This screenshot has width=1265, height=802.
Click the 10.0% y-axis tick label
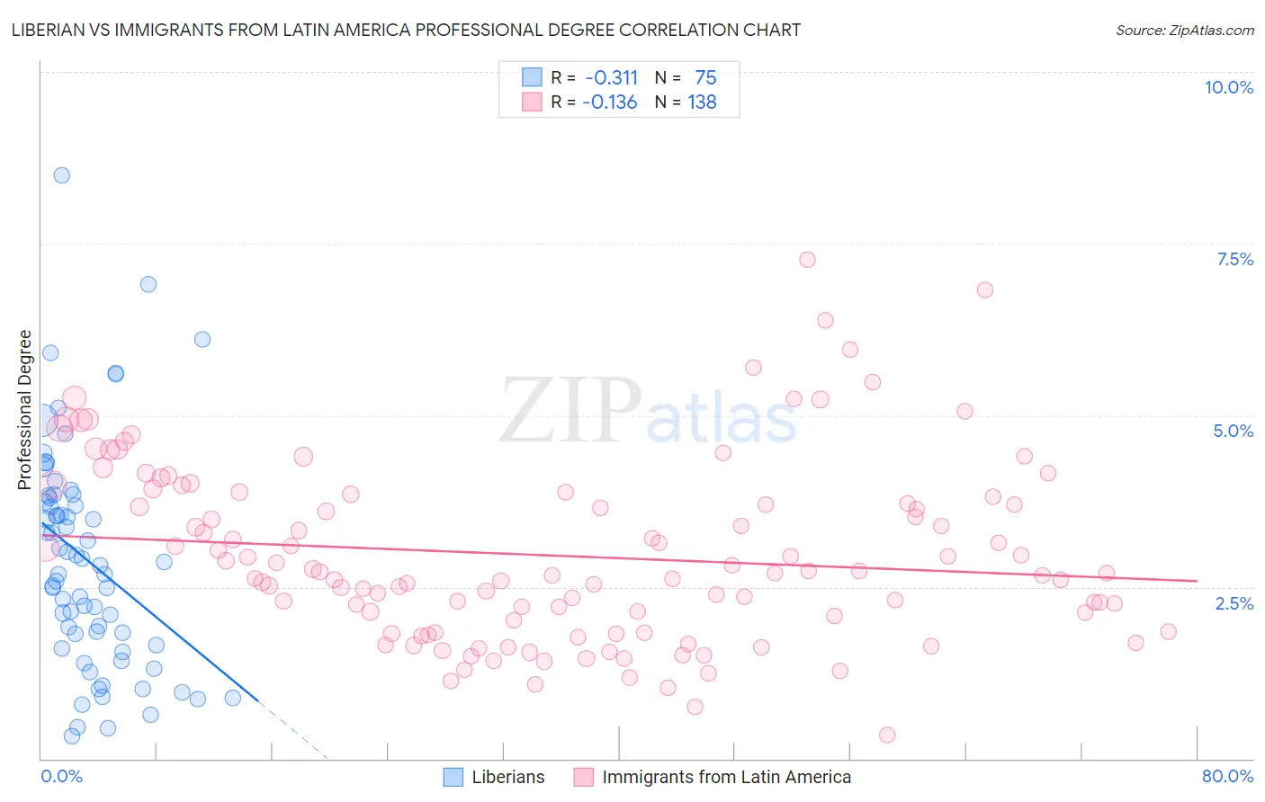[x=1228, y=87]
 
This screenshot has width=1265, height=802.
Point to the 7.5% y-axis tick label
[x=1234, y=259]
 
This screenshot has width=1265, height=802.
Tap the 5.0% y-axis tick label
[x=1233, y=431]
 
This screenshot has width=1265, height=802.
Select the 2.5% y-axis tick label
[x=1234, y=603]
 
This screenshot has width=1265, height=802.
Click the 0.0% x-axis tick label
[x=61, y=776]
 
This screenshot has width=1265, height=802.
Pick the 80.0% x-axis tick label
[x=1227, y=776]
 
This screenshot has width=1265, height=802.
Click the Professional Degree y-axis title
[x=25, y=410]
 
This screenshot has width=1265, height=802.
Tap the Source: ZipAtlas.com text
[x=1184, y=30]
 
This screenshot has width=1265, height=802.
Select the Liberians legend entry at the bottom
[x=507, y=777]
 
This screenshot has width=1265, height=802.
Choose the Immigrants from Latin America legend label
[x=726, y=777]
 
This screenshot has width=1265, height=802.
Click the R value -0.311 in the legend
[x=611, y=78]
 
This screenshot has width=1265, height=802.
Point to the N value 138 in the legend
[x=702, y=102]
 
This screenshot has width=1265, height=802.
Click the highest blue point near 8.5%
[x=61, y=175]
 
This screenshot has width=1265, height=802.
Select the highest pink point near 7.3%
[x=807, y=260]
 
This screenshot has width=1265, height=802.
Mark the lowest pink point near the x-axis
[x=887, y=735]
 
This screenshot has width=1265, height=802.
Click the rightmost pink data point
[x=1168, y=631]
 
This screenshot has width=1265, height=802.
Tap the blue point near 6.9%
[x=148, y=284]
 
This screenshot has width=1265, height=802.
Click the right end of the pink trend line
[x=1197, y=581]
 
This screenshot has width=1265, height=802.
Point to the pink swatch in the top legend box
[x=532, y=102]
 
